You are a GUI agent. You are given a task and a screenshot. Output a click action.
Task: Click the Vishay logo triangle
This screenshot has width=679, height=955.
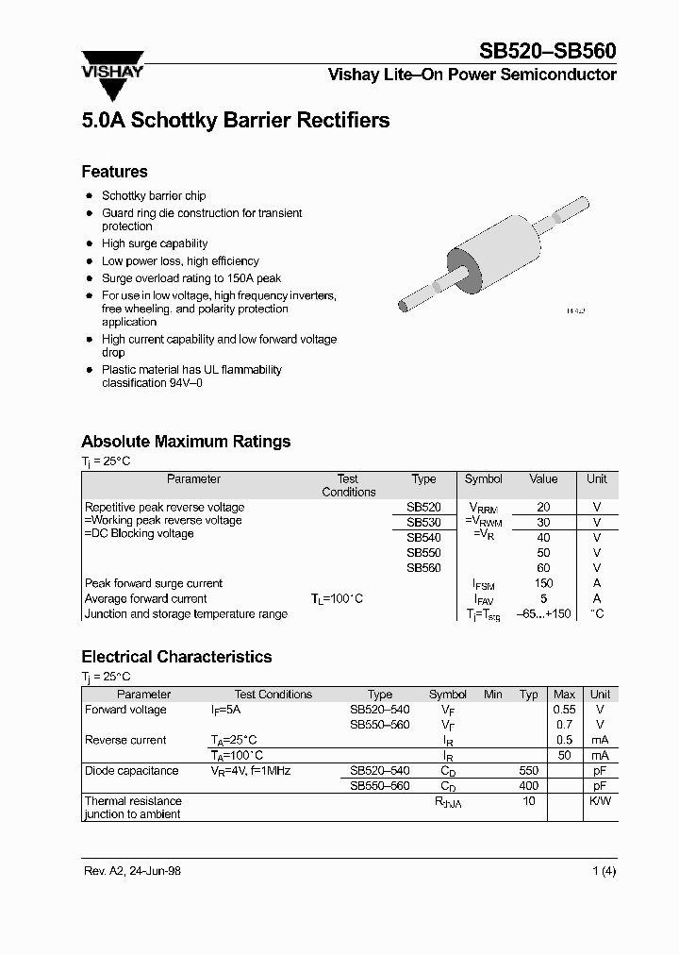coord(113,83)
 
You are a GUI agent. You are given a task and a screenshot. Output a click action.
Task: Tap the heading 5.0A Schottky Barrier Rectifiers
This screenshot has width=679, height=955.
coord(235,121)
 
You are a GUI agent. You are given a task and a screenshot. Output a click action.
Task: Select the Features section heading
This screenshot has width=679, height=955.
coord(114,172)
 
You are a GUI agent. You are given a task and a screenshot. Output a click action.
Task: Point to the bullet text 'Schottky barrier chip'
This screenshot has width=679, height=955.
coord(154,195)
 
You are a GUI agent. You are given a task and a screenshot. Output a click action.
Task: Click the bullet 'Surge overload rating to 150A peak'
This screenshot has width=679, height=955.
coord(191,278)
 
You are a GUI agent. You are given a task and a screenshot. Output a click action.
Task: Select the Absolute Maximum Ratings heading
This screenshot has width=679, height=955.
coord(186,442)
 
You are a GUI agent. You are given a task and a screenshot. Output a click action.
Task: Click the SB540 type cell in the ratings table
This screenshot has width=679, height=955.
coord(423,538)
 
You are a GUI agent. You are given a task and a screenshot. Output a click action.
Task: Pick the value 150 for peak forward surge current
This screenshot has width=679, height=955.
coord(543,583)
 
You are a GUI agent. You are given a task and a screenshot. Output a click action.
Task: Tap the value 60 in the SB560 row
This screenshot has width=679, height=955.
coord(543,568)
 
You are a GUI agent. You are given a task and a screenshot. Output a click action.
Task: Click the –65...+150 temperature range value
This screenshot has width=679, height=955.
coord(543,613)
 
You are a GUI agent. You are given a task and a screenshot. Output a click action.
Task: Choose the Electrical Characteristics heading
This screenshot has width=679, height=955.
coord(176,657)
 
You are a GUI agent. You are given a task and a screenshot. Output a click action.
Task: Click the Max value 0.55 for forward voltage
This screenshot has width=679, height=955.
coord(564,710)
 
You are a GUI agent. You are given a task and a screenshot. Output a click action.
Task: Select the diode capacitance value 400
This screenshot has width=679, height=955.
coord(529,785)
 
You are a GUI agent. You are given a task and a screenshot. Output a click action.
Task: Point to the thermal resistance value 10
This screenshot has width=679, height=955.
coord(529,801)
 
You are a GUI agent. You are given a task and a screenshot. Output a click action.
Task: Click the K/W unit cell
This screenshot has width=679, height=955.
coord(600,801)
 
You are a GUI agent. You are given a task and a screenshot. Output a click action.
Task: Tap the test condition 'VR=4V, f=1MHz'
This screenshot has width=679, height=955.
coord(250,771)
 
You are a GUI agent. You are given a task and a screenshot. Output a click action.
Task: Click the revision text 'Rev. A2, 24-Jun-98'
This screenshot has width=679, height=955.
coord(131,871)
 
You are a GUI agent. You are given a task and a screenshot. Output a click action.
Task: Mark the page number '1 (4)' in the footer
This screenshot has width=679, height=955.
coord(604,871)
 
